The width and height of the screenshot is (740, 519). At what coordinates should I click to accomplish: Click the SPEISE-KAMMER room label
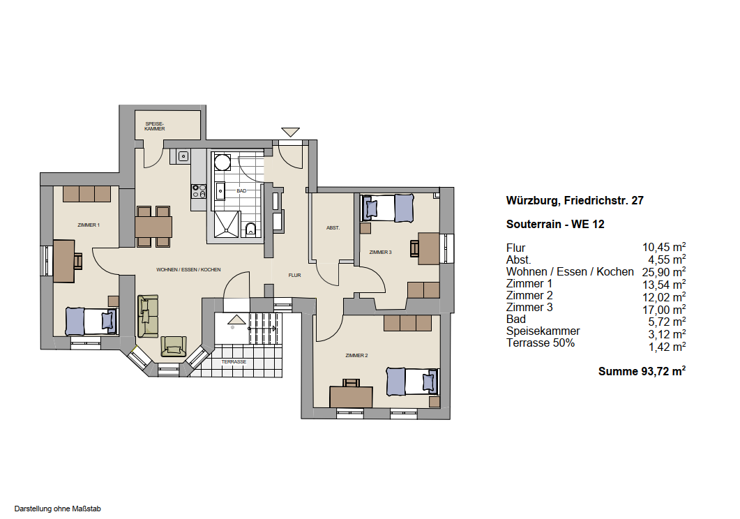[x=155, y=126]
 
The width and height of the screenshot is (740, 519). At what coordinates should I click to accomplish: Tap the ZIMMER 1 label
[x=89, y=225]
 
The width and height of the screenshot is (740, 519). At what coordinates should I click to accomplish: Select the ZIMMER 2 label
[x=356, y=355]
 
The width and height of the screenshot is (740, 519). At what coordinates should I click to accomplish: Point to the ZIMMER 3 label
[x=380, y=252]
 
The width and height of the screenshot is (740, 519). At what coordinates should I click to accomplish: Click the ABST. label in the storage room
[x=333, y=228]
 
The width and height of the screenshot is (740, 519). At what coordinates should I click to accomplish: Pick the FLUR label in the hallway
[x=294, y=275]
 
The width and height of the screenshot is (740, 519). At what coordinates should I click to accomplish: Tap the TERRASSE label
[x=234, y=362]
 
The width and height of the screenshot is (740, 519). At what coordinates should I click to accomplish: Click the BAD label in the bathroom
[x=241, y=191]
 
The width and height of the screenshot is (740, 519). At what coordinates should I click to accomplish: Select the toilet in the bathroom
[x=250, y=230]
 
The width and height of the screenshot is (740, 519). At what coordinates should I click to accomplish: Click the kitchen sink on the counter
[x=183, y=156]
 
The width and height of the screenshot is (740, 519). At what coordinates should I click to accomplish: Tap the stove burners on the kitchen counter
[x=199, y=191]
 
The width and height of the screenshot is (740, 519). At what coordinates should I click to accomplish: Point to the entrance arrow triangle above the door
[x=290, y=132]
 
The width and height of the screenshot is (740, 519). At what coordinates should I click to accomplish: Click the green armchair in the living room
[x=174, y=346]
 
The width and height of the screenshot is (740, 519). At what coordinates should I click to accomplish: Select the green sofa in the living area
[x=148, y=316]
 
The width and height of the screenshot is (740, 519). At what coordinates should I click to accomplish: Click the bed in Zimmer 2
[x=413, y=382]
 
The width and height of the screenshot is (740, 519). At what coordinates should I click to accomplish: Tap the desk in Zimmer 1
[x=63, y=262]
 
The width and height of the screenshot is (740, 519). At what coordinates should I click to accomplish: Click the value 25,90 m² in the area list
[x=663, y=272]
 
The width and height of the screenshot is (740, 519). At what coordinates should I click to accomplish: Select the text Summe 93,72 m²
[x=642, y=371]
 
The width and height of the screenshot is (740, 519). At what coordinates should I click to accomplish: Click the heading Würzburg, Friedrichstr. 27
[x=575, y=200]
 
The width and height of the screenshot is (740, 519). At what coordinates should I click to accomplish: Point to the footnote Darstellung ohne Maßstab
[x=58, y=509]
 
